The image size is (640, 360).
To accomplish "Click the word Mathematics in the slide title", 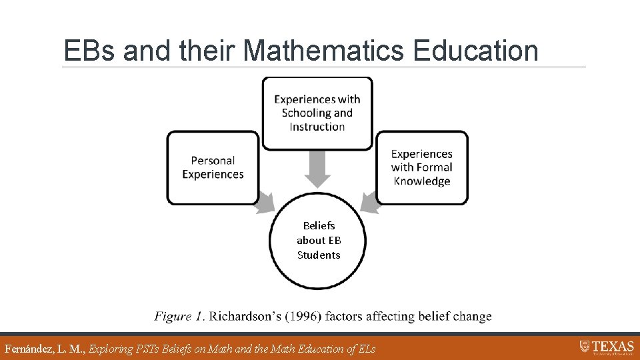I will (x=324, y=51).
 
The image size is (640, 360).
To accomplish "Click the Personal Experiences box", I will (x=213, y=167).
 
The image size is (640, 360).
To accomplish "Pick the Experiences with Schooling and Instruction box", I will (x=317, y=113).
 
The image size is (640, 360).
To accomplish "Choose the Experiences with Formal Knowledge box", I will (x=421, y=167).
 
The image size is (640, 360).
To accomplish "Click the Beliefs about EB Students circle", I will (x=318, y=241).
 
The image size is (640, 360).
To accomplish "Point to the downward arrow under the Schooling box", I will (x=317, y=169).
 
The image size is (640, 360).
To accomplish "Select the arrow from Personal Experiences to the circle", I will (x=265, y=202).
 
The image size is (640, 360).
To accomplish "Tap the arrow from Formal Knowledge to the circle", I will (x=369, y=202).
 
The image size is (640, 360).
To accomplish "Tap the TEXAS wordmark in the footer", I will (x=613, y=346).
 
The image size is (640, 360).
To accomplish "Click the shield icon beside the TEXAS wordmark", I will (x=585, y=346).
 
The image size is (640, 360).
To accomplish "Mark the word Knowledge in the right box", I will (x=421, y=181).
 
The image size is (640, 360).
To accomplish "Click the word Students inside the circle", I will (x=319, y=255).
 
